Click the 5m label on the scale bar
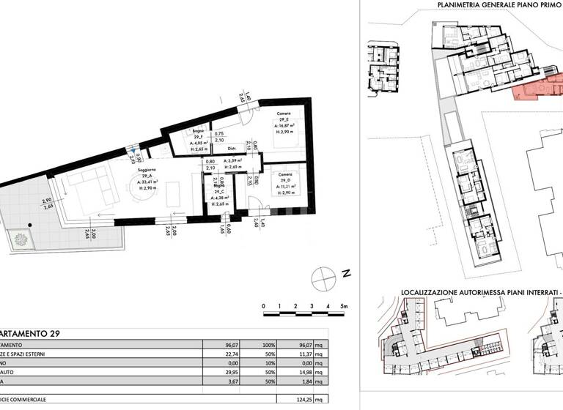(x=343, y=306)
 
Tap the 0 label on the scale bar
(x=263, y=306)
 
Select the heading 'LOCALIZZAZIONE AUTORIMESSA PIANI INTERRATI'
(x=479, y=291)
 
